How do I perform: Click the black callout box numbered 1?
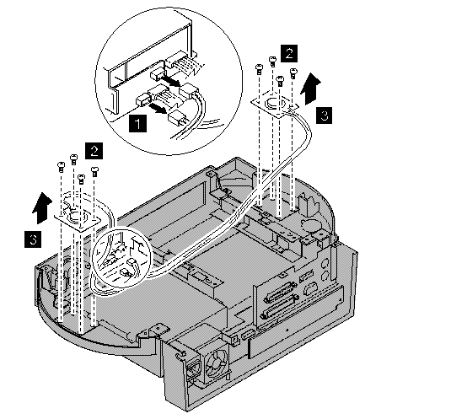coord(137,124)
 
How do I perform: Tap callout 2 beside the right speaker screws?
coord(289,53)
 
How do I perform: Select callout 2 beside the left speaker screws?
coord(94,151)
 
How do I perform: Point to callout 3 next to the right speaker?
coord(325,115)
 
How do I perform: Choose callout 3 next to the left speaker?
coord(33,239)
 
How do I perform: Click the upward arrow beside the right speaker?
coord(310,88)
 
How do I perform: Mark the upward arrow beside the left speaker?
coord(42,207)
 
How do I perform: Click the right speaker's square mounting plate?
coord(276,105)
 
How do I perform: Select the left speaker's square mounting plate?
coord(78,217)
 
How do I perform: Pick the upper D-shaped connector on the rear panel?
coord(280,293)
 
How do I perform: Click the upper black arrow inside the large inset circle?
coord(171,81)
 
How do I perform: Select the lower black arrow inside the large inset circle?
coord(157,108)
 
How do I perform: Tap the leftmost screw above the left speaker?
coord(61,167)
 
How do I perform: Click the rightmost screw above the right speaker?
coord(293,73)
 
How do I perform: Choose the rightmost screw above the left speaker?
coord(94,171)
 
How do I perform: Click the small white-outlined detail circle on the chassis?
coord(121,261)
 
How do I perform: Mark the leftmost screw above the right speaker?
coord(259,68)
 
